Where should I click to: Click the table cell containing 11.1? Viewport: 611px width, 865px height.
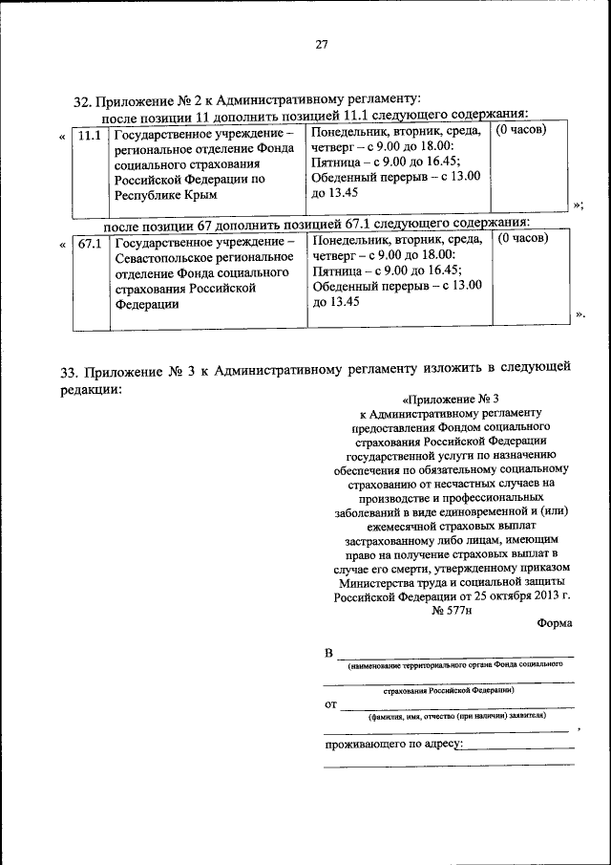click(x=89, y=136)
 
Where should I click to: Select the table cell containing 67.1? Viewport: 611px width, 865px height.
click(x=89, y=244)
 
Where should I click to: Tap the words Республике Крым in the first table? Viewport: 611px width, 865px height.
click(x=166, y=194)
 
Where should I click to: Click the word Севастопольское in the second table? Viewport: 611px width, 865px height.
click(x=166, y=258)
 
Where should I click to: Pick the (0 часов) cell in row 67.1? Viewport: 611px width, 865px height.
click(x=522, y=238)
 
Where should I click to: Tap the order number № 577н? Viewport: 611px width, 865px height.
click(x=453, y=609)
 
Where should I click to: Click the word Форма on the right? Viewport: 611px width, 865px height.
click(x=555, y=623)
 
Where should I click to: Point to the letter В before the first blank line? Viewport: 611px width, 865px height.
click(x=329, y=654)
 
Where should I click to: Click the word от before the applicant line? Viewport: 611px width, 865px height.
click(x=331, y=705)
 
